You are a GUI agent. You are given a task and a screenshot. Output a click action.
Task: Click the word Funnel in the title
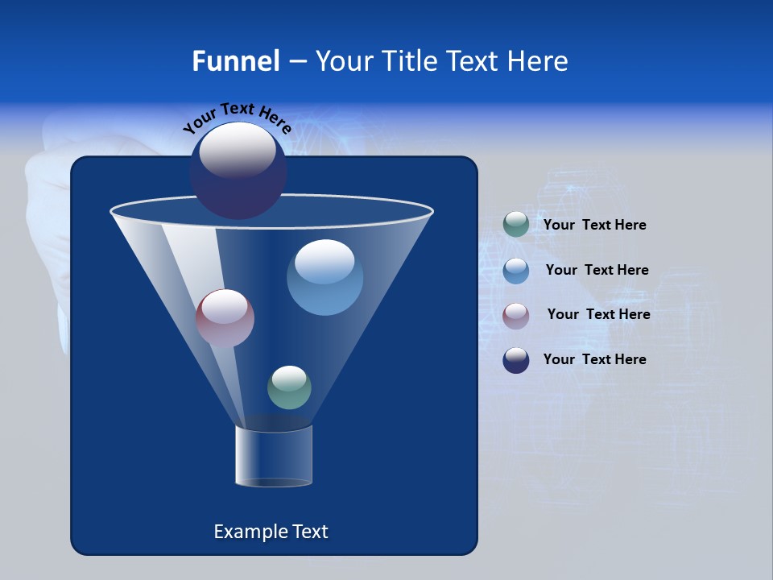(236, 61)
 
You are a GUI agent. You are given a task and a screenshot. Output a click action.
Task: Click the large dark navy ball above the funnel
(238, 171)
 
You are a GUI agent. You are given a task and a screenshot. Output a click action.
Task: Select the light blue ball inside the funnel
(324, 277)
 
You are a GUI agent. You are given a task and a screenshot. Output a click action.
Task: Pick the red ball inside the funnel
(225, 318)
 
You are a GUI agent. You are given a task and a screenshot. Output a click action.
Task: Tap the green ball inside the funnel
(289, 387)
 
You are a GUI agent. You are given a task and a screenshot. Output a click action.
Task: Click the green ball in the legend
(516, 225)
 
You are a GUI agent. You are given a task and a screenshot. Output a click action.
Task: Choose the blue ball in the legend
(516, 271)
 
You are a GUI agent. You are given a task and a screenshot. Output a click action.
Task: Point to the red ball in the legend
(516, 315)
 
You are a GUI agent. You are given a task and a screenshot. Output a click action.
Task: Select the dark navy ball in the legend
(516, 360)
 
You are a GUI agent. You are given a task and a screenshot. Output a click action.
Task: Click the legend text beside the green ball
(594, 226)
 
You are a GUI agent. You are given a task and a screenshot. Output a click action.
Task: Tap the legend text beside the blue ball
(597, 271)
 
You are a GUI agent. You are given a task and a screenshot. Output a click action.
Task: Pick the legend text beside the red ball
(598, 315)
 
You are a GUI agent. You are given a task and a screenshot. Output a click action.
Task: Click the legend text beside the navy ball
(594, 359)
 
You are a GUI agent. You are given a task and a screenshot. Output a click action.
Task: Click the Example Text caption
(271, 532)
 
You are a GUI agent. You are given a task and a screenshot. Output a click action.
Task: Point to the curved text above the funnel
(238, 118)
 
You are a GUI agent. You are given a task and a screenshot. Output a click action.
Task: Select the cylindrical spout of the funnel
(274, 456)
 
